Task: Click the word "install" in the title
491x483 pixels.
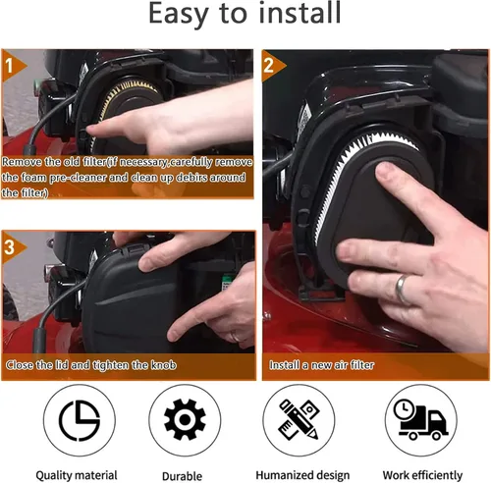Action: [x=300, y=13]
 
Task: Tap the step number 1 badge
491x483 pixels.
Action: [x=13, y=66]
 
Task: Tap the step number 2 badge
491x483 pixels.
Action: [x=272, y=66]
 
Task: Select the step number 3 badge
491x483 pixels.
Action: [x=13, y=247]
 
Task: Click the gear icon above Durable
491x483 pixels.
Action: [x=185, y=419]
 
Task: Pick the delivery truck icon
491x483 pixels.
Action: [x=420, y=419]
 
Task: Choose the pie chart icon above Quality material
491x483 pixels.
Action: [x=80, y=420]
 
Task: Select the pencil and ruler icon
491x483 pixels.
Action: [x=299, y=419]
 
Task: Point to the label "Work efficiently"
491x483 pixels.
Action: [x=422, y=475]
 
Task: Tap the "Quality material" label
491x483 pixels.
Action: [x=77, y=475]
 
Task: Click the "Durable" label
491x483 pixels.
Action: [x=182, y=476]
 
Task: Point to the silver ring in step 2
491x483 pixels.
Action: [x=402, y=289]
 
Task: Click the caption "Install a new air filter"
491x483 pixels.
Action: [x=321, y=365]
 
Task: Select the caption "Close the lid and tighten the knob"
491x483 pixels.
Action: [x=91, y=365]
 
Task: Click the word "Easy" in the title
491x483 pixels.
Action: [x=179, y=15]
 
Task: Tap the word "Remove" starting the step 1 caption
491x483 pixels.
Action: [x=22, y=162]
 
